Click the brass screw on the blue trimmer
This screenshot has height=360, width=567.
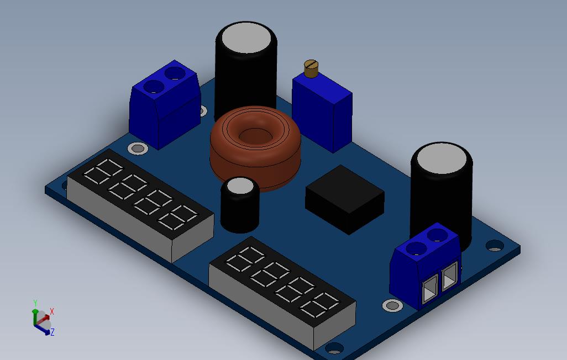(x=311, y=68)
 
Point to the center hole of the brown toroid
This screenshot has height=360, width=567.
(x=255, y=135)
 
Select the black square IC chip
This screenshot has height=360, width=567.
(x=345, y=199)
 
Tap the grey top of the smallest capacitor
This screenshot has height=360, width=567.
(x=239, y=186)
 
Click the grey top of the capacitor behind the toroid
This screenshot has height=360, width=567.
(x=246, y=38)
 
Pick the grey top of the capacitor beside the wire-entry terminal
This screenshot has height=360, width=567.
(x=442, y=158)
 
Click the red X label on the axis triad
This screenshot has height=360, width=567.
(x=52, y=311)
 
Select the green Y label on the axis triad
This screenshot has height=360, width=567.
(x=35, y=303)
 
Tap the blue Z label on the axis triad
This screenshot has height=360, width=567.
(x=53, y=332)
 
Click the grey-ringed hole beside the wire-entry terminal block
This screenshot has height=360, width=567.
(x=393, y=306)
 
